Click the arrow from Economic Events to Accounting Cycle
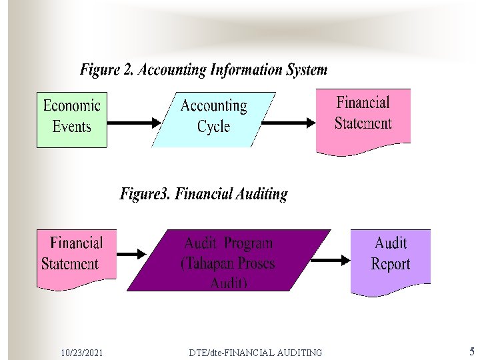pos(133,123)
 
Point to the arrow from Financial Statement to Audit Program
pos(131,253)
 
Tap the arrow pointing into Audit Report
pos(331,260)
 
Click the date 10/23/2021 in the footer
pos(81,352)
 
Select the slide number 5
pos(471,351)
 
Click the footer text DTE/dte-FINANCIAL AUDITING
pos(255,352)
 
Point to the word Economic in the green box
pos(72,105)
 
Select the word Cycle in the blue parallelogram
pos(213,126)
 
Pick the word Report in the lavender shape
pos(391,264)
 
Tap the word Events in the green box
pos(72,126)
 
